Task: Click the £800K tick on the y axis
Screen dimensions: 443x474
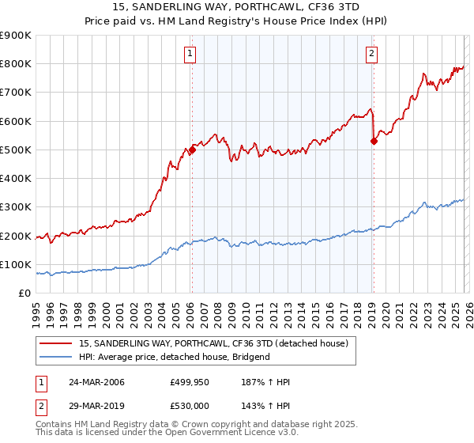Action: pyautogui.click(x=16, y=64)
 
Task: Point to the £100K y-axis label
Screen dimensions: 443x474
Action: pyautogui.click(x=16, y=265)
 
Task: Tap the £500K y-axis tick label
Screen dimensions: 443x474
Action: pyautogui.click(x=16, y=150)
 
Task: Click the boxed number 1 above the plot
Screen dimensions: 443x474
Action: pyautogui.click(x=191, y=54)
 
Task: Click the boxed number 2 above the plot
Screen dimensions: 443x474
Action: pyautogui.click(x=371, y=54)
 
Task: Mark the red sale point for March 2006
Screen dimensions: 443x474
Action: pyautogui.click(x=192, y=150)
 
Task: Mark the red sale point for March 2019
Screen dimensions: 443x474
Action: pyautogui.click(x=374, y=141)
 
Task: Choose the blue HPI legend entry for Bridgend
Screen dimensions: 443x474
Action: pyautogui.click(x=175, y=357)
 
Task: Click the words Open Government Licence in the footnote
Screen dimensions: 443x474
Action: pyautogui.click(x=230, y=433)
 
